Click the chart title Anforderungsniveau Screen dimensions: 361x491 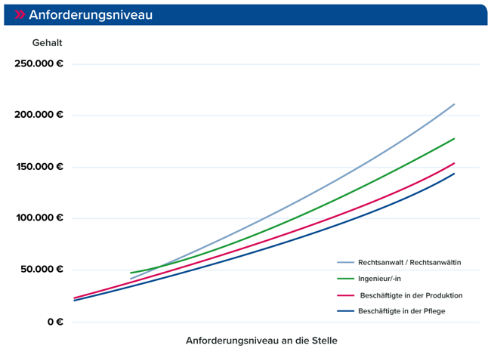(x=91, y=15)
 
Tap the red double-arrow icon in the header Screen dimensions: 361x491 (x=20, y=15)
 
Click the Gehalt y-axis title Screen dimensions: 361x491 (x=47, y=43)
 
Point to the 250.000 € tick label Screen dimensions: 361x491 (x=39, y=63)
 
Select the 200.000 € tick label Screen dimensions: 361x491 (x=39, y=115)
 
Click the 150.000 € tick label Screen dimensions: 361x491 (x=39, y=167)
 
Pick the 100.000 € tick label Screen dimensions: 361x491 (x=39, y=218)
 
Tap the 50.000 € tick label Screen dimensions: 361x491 (x=41, y=270)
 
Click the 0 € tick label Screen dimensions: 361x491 (x=54, y=322)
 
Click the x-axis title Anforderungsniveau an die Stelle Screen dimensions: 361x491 (x=261, y=341)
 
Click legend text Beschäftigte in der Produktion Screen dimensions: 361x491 (x=411, y=295)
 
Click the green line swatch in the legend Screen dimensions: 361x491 (x=345, y=279)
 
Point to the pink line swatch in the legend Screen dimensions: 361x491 (x=345, y=295)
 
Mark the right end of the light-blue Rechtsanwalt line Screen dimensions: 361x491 (x=454, y=104)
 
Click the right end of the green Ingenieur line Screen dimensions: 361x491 (x=454, y=138)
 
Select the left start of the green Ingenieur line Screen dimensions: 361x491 (x=131, y=273)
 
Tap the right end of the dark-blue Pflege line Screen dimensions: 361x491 (x=454, y=174)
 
